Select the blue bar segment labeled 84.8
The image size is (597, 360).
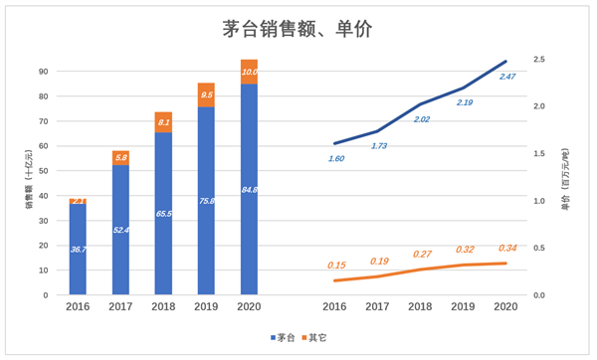click(x=249, y=189)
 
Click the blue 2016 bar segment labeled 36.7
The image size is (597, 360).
click(x=78, y=249)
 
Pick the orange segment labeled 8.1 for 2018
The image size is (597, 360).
click(x=163, y=122)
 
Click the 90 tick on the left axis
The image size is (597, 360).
click(x=44, y=72)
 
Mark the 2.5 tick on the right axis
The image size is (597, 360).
click(x=538, y=60)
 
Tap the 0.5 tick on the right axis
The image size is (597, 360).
click(x=538, y=249)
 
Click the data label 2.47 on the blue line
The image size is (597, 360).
click(x=507, y=77)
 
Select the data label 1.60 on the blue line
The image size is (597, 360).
click(x=336, y=158)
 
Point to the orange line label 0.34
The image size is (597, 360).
click(x=507, y=249)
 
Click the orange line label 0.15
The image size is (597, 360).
click(x=336, y=266)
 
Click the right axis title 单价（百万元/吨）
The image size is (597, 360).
click(x=567, y=179)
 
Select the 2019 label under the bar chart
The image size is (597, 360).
click(x=206, y=307)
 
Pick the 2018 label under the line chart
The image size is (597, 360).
click(x=422, y=307)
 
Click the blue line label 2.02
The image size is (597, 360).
click(x=422, y=119)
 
